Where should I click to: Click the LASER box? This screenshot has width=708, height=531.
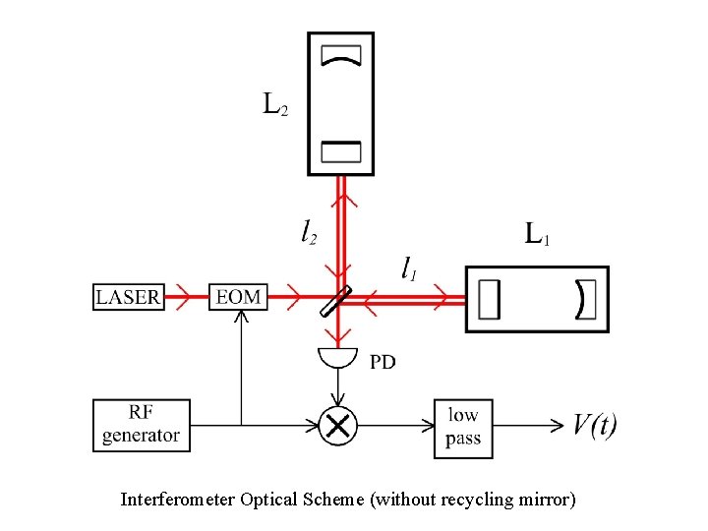coord(129,296)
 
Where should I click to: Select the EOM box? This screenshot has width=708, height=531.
coord(239,296)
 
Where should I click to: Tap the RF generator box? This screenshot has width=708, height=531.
coord(141,425)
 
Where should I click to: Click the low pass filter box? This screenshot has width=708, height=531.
coord(462,425)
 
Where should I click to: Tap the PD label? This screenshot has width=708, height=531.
coord(383,363)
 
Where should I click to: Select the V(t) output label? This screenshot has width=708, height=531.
coord(595,425)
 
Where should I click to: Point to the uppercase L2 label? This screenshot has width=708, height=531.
coord(275,103)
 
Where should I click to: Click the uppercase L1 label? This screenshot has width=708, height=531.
coord(537,235)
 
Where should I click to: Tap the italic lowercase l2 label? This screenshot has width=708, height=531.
coord(309,232)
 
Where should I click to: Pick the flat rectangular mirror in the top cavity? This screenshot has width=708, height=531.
coord(341,150)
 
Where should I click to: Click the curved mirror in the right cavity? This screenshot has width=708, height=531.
coord(585,299)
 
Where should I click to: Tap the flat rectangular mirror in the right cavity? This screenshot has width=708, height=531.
coord(491,299)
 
